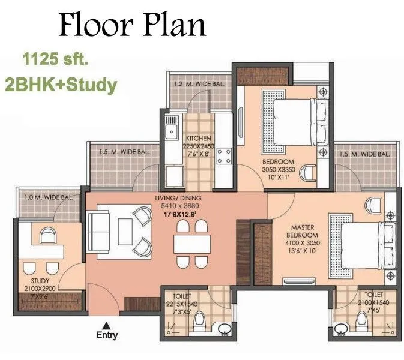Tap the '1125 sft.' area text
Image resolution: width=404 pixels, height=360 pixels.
pos(54,60)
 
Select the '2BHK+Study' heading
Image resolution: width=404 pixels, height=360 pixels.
pos(60,85)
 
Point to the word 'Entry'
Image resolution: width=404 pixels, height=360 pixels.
pos(107,335)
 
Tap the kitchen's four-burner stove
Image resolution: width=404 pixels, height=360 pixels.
pos(224,157)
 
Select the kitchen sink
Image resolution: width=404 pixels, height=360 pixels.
pos(172,130)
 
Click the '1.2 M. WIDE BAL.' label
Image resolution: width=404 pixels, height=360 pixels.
pos(198,84)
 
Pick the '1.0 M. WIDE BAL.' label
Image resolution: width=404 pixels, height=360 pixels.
pos(48,197)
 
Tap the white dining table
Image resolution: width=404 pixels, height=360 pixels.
pos(192,243)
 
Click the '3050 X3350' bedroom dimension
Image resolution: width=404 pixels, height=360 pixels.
pos(278,170)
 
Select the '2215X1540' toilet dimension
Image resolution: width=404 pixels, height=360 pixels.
pos(182,304)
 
